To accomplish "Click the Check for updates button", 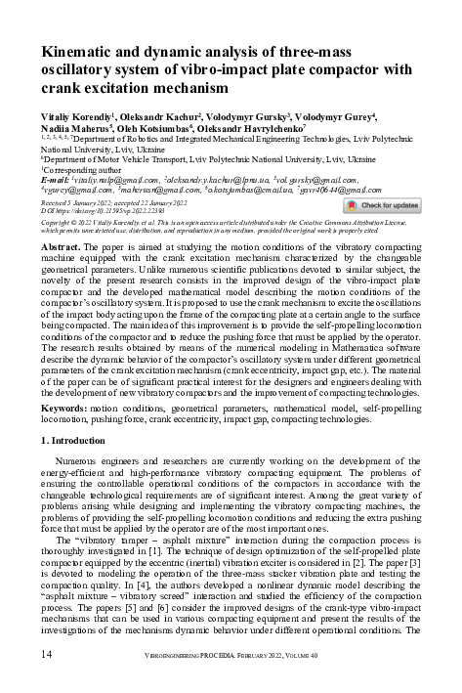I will (x=382, y=206).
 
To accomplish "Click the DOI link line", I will (x=98, y=211).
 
